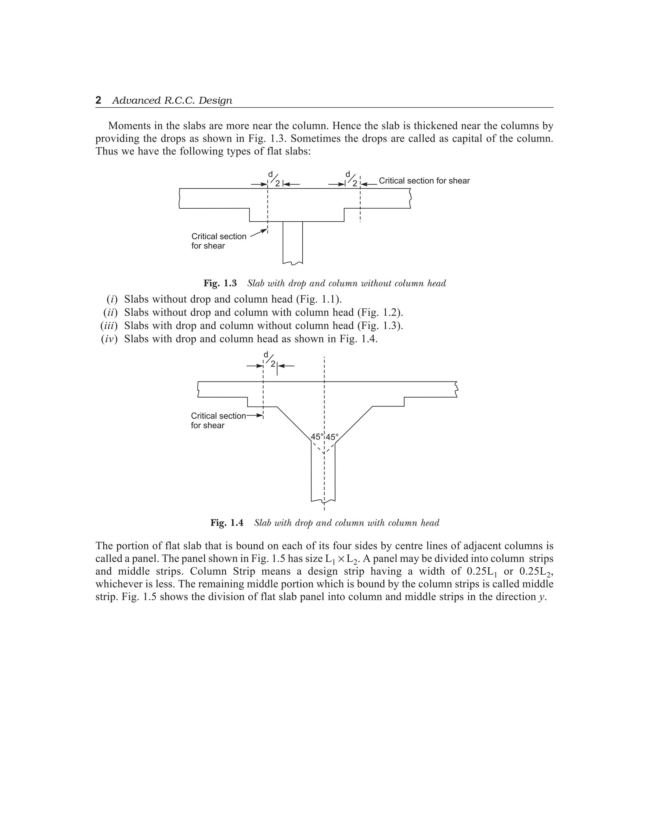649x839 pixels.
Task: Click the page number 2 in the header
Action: pyautogui.click(x=99, y=100)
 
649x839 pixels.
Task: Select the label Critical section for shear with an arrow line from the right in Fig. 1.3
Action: pyautogui.click(x=424, y=181)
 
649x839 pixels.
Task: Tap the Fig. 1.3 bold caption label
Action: pyautogui.click(x=220, y=283)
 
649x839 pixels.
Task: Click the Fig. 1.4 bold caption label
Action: pyautogui.click(x=227, y=523)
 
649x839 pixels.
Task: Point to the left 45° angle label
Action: pyautogui.click(x=317, y=437)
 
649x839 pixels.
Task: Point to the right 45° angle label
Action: pyautogui.click(x=332, y=437)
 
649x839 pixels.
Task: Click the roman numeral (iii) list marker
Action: pyautogui.click(x=109, y=326)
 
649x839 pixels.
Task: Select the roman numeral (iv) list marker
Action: pyautogui.click(x=109, y=339)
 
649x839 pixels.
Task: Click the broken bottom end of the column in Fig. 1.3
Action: pyautogui.click(x=292, y=263)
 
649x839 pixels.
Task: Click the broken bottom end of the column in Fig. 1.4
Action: pyautogui.click(x=323, y=501)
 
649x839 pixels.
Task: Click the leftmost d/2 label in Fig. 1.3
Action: pyautogui.click(x=274, y=179)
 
